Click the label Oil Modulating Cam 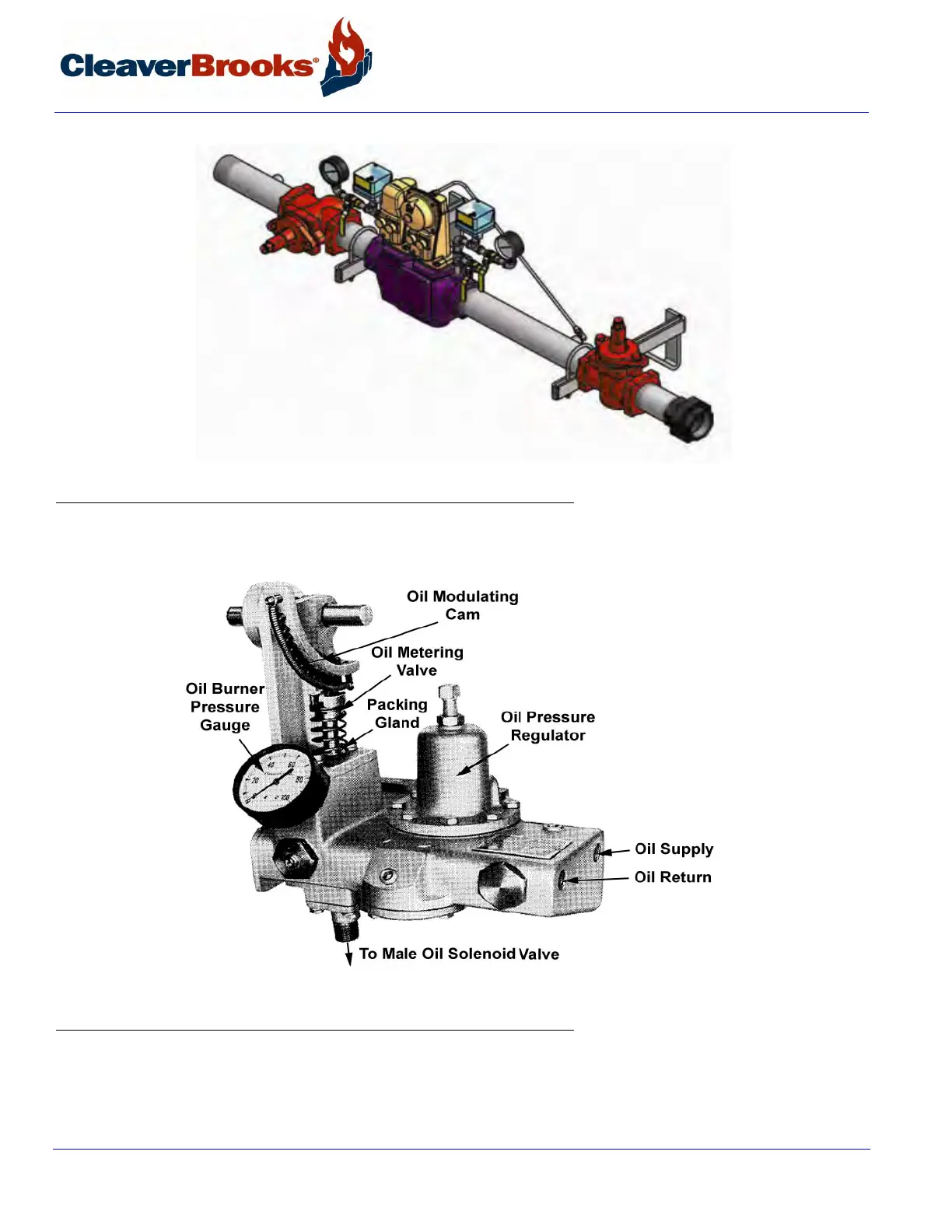tap(462, 605)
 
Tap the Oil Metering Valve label tap(417, 661)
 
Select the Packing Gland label tap(397, 713)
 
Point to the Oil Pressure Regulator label tap(548, 726)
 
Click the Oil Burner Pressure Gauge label tap(225, 706)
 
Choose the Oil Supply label tap(674, 849)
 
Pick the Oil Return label tap(673, 877)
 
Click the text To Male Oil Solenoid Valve tap(459, 954)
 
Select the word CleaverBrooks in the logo tap(187, 65)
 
